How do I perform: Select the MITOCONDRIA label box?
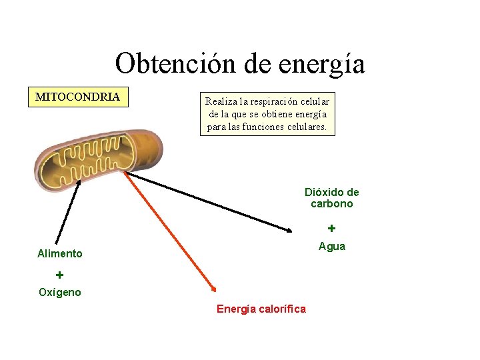(x=77, y=97)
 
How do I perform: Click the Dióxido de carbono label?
(x=331, y=198)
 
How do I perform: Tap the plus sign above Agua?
(x=331, y=228)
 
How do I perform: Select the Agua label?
(x=331, y=247)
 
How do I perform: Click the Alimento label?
(x=60, y=253)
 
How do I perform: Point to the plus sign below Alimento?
(x=59, y=275)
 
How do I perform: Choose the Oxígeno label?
(x=60, y=292)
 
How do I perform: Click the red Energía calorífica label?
(x=261, y=309)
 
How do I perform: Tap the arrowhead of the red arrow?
(x=213, y=289)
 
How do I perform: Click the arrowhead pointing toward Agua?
(x=289, y=230)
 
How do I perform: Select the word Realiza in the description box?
(x=220, y=101)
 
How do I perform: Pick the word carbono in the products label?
(x=331, y=204)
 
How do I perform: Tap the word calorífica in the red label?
(x=281, y=309)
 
